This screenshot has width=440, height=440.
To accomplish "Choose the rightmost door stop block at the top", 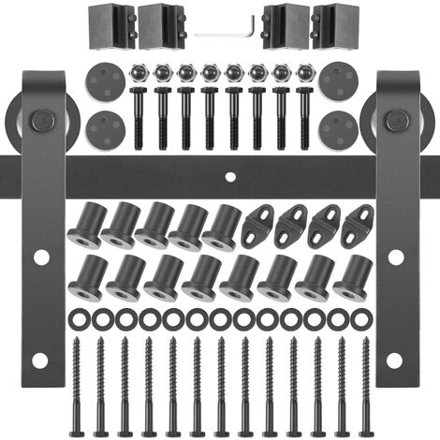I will [335, 24].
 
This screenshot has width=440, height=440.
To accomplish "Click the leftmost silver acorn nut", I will [138, 72].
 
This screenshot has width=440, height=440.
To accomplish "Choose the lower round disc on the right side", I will [338, 125].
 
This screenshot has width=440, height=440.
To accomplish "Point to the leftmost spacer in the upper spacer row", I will [86, 226].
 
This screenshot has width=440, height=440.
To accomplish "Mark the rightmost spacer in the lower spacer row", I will [352, 278].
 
